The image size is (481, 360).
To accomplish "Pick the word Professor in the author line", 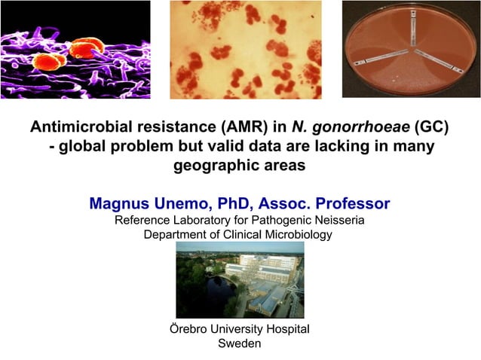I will coord(353,203).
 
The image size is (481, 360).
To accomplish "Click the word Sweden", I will coord(239,344).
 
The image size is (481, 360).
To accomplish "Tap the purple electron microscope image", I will coord(75,49).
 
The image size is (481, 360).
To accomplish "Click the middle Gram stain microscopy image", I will coord(245,49).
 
